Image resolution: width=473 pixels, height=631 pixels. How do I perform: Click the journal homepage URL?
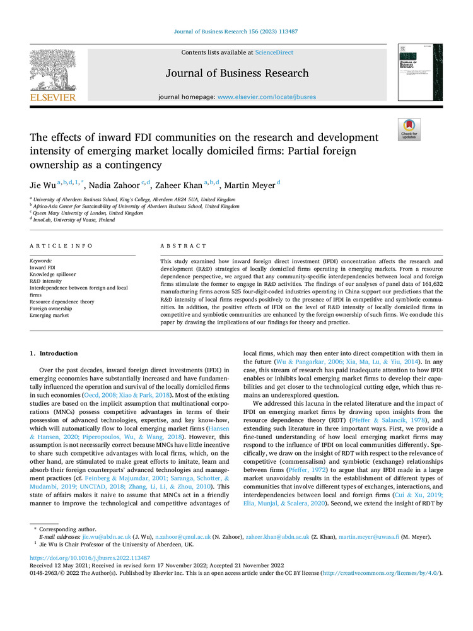coord(267,97)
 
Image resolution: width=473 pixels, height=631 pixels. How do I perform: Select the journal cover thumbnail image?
coord(419,72)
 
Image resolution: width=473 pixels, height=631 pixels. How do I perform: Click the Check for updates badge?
coord(409,129)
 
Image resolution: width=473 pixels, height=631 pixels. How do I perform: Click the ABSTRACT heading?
coord(183,245)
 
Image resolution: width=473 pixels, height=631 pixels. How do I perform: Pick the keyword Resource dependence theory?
coord(62,302)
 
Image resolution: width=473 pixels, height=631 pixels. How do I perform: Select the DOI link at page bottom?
coord(90,558)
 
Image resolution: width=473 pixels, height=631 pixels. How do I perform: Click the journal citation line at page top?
coord(237,31)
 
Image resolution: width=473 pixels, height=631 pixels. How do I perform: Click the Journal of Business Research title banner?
coord(237,73)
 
